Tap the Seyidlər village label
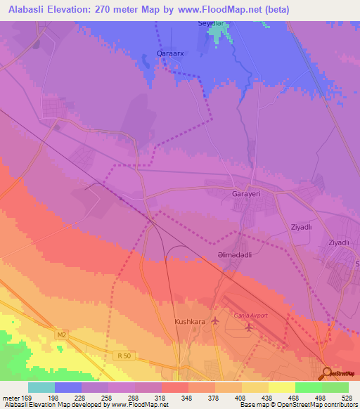tap(213, 23)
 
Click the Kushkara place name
tap(188, 322)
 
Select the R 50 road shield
tap(124, 356)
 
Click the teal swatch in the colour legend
tap(41, 387)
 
